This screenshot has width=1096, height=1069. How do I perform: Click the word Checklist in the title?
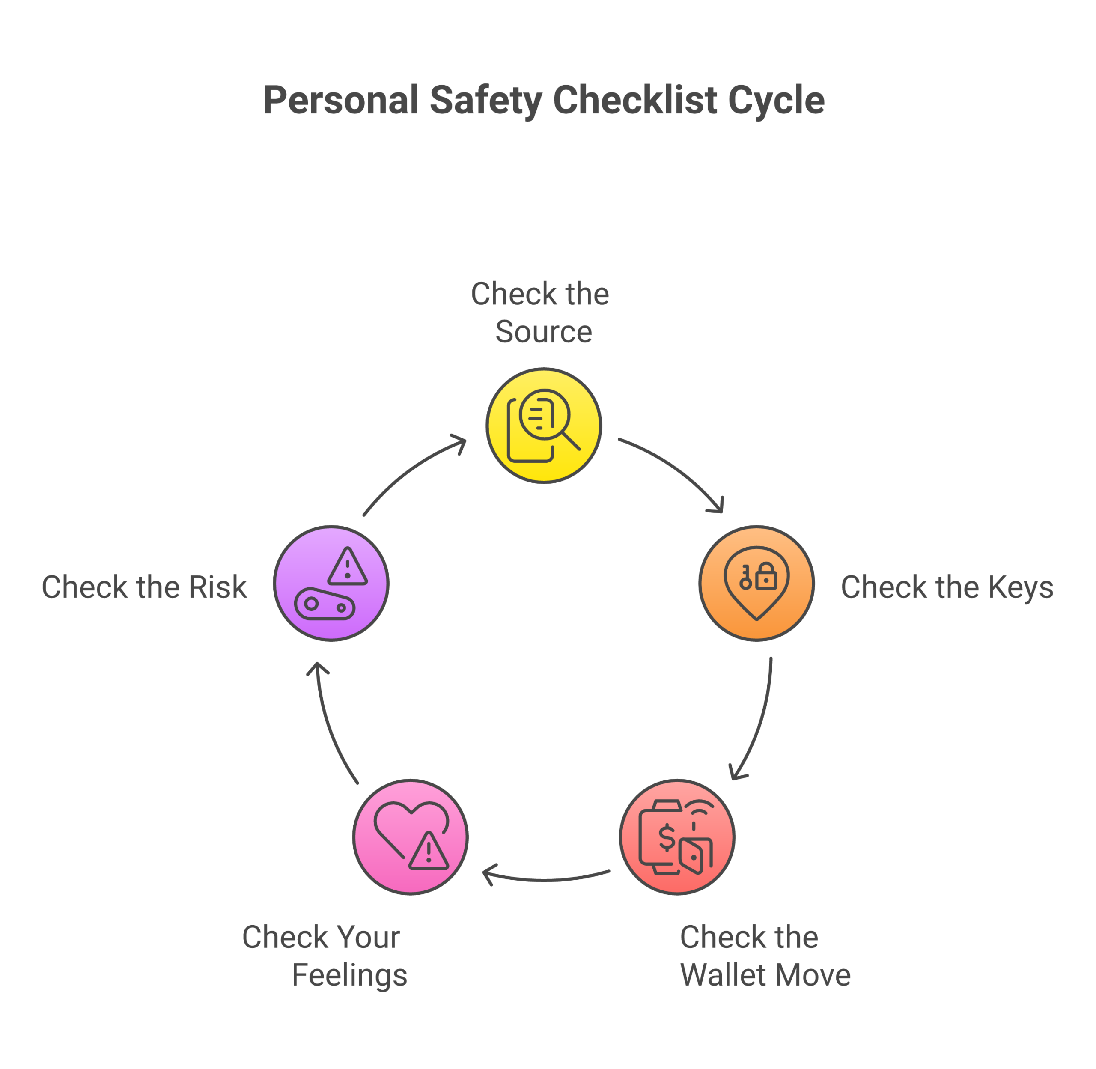pos(635,100)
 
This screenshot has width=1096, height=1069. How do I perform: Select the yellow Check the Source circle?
pos(544,426)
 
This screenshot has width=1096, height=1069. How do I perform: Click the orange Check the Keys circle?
pos(756,584)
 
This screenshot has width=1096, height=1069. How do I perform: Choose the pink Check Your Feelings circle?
pos(411,837)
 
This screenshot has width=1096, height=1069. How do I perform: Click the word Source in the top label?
pos(544,332)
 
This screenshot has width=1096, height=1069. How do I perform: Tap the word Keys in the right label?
pos(1020,588)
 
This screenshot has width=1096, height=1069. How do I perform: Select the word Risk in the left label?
pos(217,587)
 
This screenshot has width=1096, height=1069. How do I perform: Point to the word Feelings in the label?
pos(349,975)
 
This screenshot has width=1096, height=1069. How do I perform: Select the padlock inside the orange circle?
pos(766,577)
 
